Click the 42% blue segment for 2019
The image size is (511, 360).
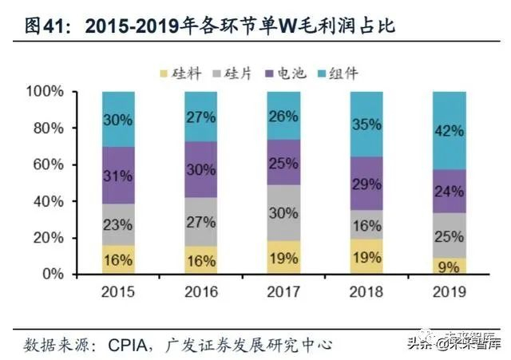(449, 130)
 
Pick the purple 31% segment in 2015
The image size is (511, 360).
(117, 175)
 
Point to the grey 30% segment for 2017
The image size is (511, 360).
(283, 212)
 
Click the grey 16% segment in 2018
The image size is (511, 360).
(366, 224)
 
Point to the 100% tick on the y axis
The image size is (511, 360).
(45, 92)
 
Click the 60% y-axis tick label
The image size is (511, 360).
(49, 165)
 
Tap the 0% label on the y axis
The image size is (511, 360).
(53, 275)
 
